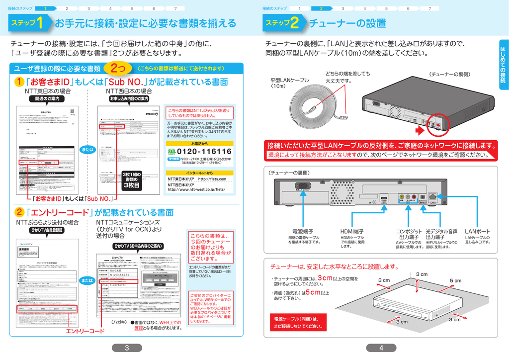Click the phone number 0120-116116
204,151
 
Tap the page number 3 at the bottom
127,348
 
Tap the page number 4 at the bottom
381,348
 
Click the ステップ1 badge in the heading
29,23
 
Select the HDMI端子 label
352,232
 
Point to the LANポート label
477,232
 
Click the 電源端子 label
303,232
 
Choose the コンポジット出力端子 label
409,234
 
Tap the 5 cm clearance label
455,281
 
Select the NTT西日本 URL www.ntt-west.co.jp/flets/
196,189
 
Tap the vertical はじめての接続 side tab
502,65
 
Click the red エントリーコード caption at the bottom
85,331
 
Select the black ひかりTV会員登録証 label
46,231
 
